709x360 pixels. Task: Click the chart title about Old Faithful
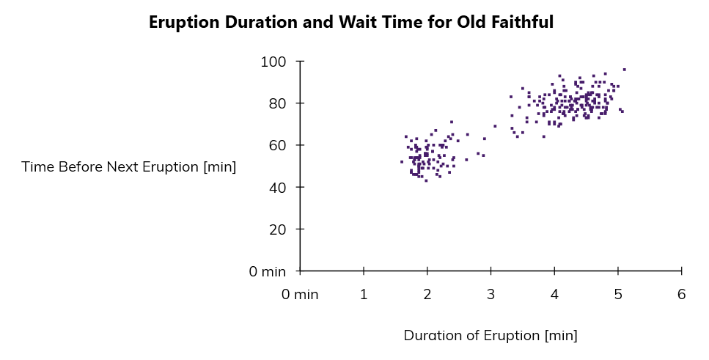point(350,23)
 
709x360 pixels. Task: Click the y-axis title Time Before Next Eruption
point(129,167)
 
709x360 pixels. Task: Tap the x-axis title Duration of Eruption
point(491,336)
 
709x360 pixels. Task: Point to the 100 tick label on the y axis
point(273,62)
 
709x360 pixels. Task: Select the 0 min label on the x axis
point(301,295)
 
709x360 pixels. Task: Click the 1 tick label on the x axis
point(364,295)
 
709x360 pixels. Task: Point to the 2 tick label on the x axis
point(427,295)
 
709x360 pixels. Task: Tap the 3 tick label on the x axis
point(491,295)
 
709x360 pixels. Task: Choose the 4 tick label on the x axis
point(554,295)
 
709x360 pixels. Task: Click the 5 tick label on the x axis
point(618,295)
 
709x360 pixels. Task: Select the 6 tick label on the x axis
point(682,295)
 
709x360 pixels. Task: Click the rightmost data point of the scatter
point(624,70)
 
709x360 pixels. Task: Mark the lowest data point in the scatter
point(426,180)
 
